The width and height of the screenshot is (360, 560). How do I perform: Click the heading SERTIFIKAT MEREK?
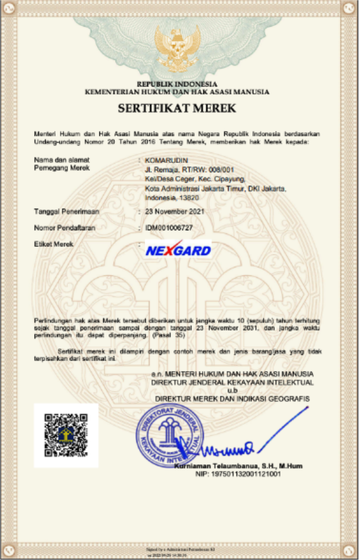(x=177, y=109)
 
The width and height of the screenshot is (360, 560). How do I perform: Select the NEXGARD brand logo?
(x=178, y=251)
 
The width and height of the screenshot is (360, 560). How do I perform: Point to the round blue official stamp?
(x=168, y=433)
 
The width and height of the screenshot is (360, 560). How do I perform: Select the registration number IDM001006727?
(x=169, y=228)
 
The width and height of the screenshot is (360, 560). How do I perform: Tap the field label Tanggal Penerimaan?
(x=66, y=212)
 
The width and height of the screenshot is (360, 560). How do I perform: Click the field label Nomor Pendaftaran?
(x=65, y=228)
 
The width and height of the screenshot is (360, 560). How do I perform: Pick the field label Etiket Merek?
(x=54, y=244)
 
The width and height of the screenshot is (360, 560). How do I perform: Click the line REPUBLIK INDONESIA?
(x=177, y=84)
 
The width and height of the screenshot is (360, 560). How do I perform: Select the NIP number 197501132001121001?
(x=237, y=474)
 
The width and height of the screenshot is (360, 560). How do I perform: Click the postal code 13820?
(x=188, y=198)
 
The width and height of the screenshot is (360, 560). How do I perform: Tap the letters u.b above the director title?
(x=232, y=391)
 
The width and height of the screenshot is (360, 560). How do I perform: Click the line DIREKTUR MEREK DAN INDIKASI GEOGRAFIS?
(x=232, y=399)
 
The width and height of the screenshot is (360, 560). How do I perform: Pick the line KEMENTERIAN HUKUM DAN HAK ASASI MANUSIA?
(x=177, y=92)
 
